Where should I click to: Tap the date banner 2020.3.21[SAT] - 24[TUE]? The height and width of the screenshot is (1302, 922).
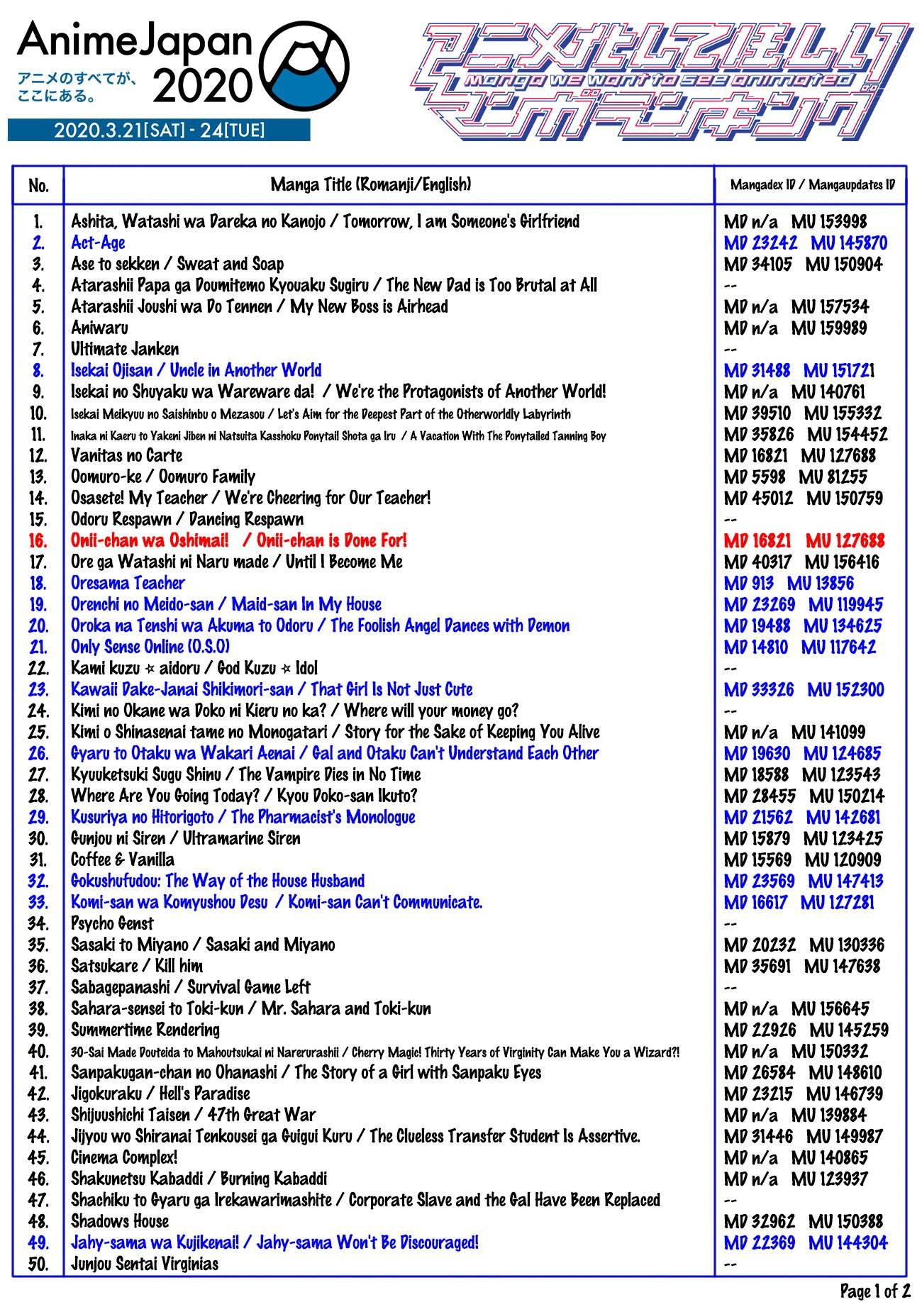click(x=159, y=130)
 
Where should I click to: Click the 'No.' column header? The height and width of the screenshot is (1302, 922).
click(x=38, y=186)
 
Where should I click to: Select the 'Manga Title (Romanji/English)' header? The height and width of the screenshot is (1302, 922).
click(x=370, y=185)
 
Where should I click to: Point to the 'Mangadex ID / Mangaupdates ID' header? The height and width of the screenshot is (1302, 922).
click(x=812, y=186)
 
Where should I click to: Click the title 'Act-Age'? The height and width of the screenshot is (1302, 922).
click(x=98, y=243)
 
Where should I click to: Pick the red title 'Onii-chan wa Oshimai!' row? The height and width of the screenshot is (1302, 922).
click(x=238, y=541)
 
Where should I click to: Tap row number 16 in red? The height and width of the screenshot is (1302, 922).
click(x=38, y=541)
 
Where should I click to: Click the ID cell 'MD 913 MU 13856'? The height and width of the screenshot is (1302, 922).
click(x=789, y=584)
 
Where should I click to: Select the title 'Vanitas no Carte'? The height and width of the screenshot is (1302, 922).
click(x=126, y=456)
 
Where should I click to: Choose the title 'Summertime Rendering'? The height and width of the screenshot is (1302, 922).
click(x=145, y=1030)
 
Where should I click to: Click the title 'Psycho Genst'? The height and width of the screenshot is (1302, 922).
click(x=111, y=924)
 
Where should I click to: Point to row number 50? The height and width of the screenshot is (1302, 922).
click(x=38, y=1264)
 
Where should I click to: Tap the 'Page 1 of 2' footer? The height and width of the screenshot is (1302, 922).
click(x=874, y=1290)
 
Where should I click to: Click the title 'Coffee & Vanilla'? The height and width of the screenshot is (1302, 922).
click(x=122, y=860)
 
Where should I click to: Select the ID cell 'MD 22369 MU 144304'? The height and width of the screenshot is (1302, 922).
click(x=806, y=1243)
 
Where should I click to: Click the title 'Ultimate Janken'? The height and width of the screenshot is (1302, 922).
click(x=124, y=350)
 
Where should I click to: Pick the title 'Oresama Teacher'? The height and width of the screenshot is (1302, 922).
click(x=128, y=584)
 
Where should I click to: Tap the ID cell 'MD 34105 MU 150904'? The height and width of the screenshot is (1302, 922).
click(x=803, y=265)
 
